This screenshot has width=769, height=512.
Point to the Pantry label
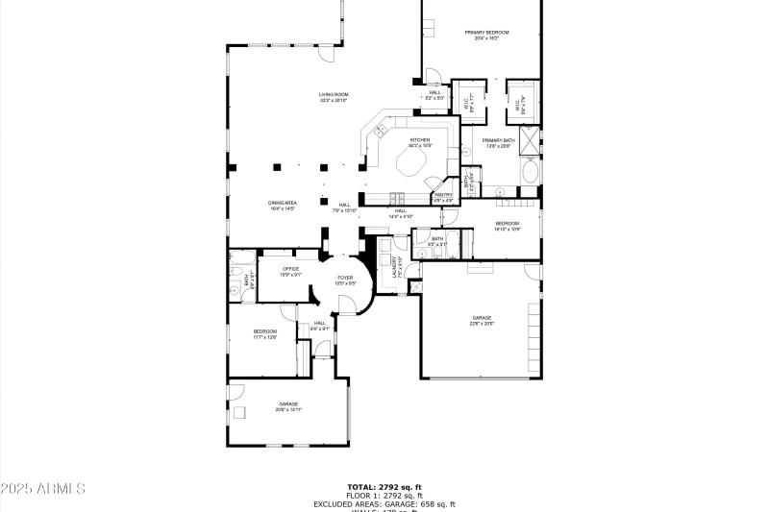pos(443,197)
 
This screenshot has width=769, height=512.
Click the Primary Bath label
pos(498,142)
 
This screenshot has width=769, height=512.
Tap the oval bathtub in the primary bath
pos(530,173)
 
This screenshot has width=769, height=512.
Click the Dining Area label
pos(282,205)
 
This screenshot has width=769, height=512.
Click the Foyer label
pos(345,280)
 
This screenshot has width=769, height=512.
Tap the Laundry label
pos(396,267)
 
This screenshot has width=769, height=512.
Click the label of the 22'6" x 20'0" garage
pos(482,320)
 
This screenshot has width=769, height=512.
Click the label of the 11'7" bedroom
pos(265,333)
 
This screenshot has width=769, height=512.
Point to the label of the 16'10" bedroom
pos(507,226)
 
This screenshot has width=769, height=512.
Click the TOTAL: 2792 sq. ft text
pos(384,487)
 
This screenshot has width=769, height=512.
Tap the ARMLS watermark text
pos(43,489)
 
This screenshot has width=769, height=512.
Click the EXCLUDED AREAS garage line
pos(384,504)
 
